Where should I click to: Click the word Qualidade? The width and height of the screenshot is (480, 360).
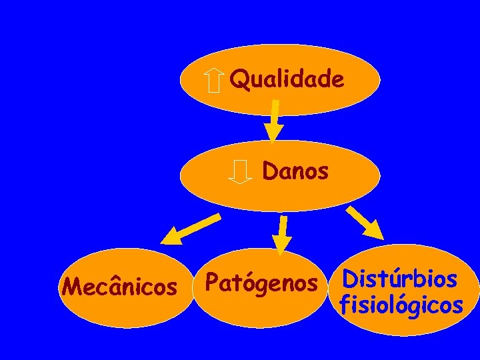pos(287,80)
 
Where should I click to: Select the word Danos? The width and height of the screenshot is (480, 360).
pos(295,171)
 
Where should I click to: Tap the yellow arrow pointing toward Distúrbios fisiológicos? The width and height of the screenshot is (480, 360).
pos(364,222)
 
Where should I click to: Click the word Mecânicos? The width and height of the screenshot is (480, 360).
pos(119,287)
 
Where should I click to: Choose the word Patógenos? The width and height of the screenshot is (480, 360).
pos(261,283)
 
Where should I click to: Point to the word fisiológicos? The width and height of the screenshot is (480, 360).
pos(401,305)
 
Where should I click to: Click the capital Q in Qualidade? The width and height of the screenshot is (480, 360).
pos(237,80)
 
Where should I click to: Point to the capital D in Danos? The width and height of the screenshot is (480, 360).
pos(271,171)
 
